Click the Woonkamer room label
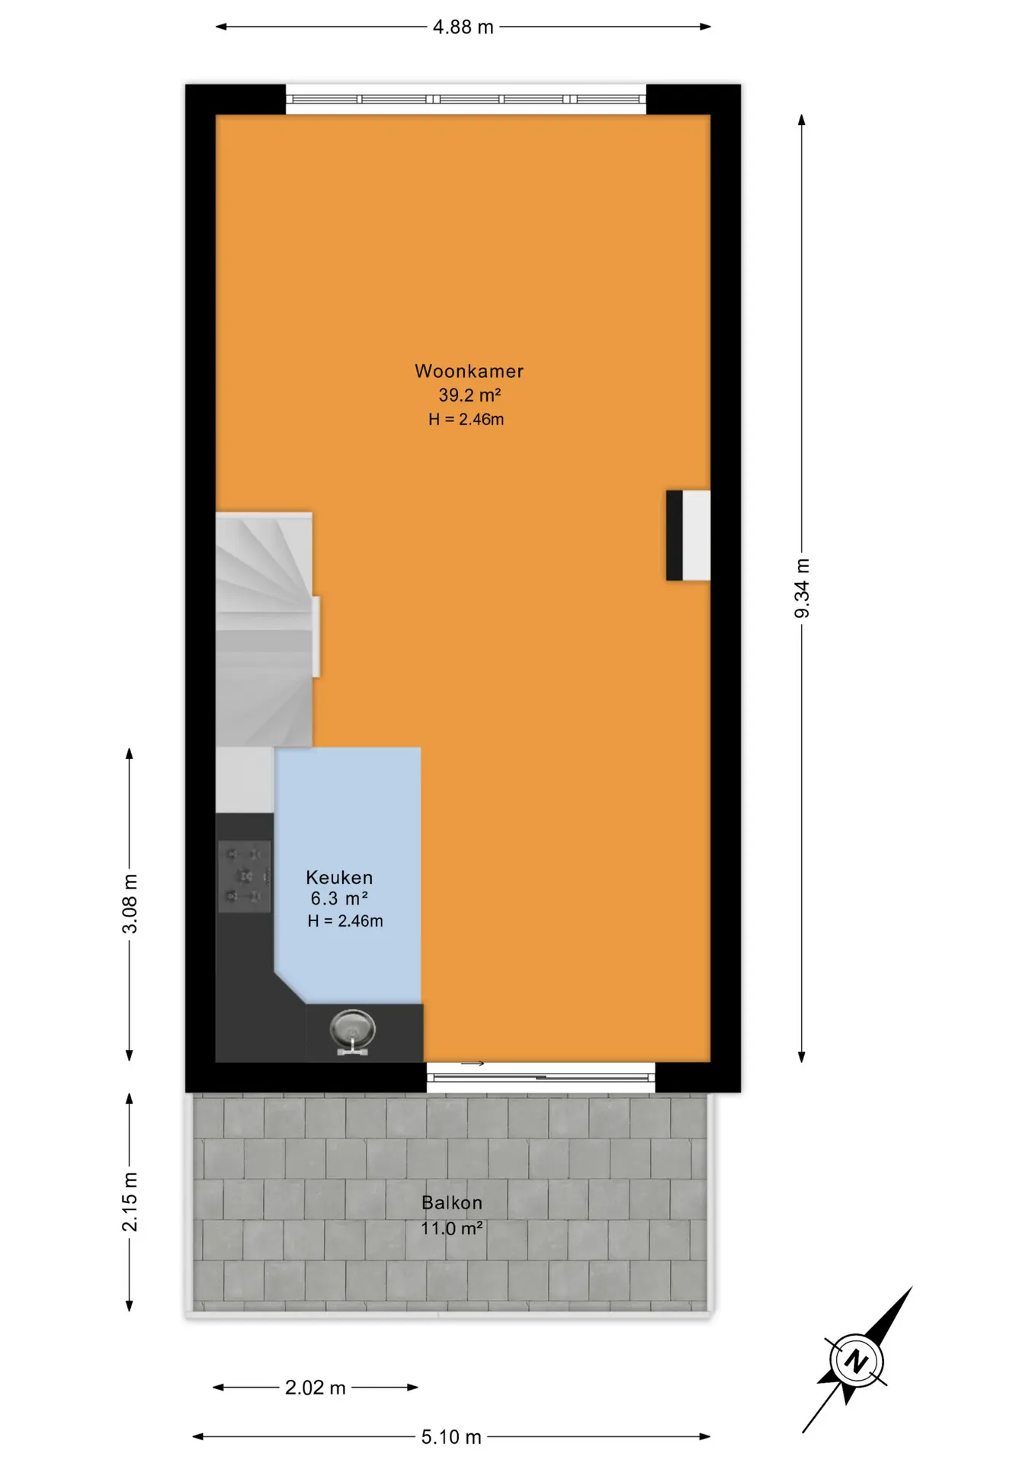(x=469, y=371)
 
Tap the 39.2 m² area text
(x=469, y=395)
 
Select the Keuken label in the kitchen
(x=339, y=877)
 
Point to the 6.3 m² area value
(x=339, y=898)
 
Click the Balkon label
(x=452, y=1202)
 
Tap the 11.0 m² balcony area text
(x=452, y=1228)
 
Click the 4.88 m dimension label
(x=463, y=27)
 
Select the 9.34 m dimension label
(x=802, y=589)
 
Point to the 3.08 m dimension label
(x=130, y=904)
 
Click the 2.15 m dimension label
(x=130, y=1202)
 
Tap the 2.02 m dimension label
(x=316, y=1388)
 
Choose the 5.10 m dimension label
(x=451, y=1437)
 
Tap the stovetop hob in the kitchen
(x=245, y=876)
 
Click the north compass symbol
(x=857, y=1360)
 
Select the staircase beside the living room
(x=264, y=629)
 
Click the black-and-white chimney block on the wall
(x=688, y=536)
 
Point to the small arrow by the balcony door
(x=473, y=1064)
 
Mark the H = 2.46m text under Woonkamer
(x=466, y=419)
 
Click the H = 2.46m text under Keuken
(x=345, y=921)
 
